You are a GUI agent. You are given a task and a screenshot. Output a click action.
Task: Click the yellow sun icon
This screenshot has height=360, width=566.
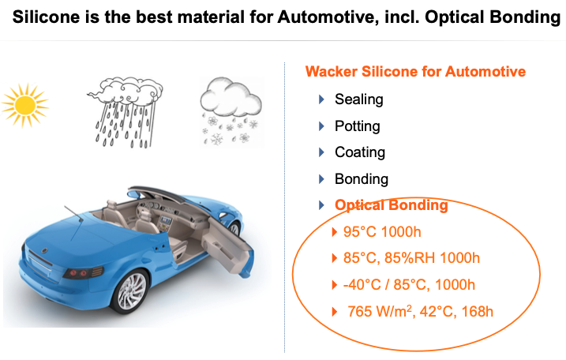25,106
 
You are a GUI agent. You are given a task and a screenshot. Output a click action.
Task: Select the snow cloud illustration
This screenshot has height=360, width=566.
231,111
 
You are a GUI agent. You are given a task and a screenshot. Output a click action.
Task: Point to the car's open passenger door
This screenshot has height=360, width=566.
228,245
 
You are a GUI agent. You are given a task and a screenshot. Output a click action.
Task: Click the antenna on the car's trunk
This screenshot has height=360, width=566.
73,213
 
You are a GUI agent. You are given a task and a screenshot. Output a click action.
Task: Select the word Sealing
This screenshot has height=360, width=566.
359,99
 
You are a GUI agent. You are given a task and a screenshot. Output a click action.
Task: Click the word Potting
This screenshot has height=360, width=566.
358,126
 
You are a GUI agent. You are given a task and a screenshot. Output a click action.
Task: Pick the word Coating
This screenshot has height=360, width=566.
360,152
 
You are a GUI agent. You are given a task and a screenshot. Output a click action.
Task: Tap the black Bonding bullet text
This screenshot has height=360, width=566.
362,179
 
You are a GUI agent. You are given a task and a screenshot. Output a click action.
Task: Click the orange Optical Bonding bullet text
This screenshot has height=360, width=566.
392,205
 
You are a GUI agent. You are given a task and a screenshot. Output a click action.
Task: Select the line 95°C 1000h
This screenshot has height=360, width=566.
382,232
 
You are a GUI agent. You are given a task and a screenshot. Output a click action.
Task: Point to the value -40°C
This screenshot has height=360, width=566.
362,285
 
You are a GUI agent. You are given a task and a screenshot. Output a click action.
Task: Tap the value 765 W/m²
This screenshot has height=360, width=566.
380,311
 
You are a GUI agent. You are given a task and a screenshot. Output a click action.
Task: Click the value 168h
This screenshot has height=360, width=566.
478,312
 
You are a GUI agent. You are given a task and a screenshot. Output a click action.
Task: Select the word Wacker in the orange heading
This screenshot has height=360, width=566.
331,72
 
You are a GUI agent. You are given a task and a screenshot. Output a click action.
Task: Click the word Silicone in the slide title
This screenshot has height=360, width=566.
47,17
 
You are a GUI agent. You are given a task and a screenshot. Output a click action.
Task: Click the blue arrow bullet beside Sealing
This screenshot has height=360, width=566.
321,99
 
